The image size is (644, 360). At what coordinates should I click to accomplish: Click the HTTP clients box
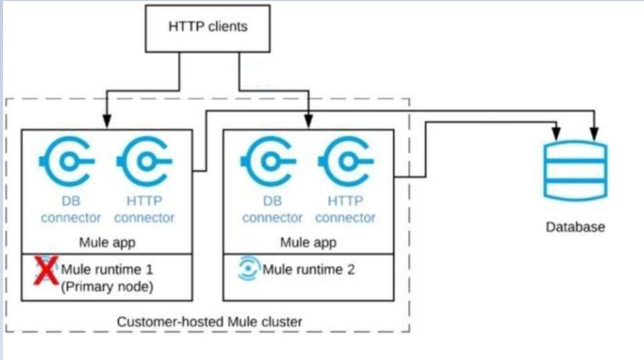point(207,27)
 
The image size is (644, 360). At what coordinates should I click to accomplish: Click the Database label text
point(575,227)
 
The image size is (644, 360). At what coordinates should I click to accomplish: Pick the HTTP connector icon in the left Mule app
point(144,161)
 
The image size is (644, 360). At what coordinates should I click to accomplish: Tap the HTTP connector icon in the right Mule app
point(346,161)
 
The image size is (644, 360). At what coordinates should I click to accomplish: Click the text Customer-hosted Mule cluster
point(209,322)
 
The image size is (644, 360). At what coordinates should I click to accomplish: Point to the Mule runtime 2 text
point(308,270)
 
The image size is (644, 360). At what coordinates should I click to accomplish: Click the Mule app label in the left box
point(107,242)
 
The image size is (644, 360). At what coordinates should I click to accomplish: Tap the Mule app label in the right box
point(308,242)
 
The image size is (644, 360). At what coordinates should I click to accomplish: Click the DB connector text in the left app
point(71,210)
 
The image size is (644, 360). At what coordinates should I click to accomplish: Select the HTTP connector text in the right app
point(346,210)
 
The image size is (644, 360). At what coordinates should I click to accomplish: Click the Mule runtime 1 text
point(107,270)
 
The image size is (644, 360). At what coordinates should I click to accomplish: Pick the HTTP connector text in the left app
point(144,210)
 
